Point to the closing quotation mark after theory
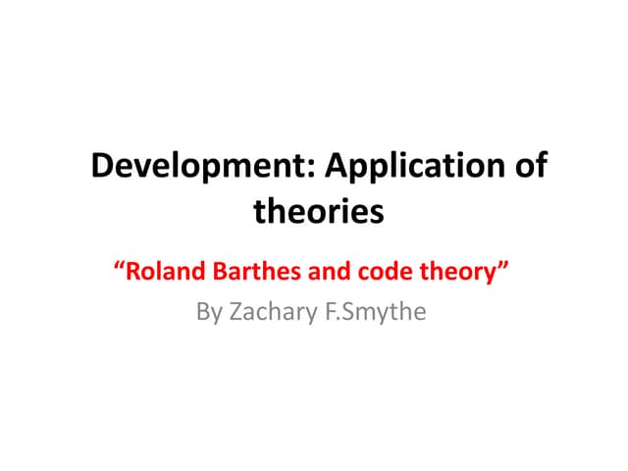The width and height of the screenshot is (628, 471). tap(505, 267)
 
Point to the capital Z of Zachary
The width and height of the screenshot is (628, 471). tap(236, 315)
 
